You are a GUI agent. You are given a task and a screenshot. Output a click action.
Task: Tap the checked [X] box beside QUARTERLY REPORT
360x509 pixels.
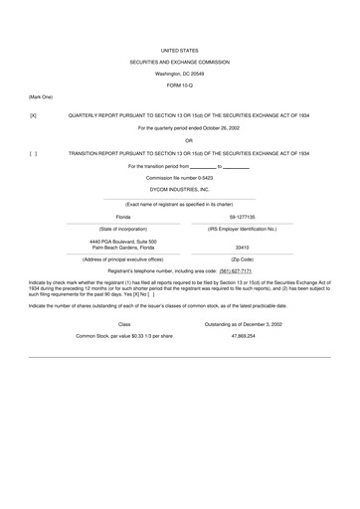tap(34, 115)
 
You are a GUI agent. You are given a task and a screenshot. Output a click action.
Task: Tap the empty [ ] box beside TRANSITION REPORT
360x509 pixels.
tap(34, 153)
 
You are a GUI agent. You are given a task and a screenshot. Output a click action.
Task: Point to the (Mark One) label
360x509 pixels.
tap(41, 96)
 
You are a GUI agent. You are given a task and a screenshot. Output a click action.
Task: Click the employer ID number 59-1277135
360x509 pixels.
tap(243, 216)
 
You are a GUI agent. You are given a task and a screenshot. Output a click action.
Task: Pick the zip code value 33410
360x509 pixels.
tap(243, 247)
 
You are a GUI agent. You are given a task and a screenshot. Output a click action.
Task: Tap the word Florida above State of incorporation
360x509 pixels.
tap(123, 216)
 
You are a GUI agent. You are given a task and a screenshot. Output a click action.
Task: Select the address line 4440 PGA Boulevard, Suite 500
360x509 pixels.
tap(123, 242)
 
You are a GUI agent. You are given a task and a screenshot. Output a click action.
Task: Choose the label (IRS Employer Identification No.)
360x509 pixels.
tap(243, 228)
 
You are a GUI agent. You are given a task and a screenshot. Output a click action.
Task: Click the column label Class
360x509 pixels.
tap(124, 324)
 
